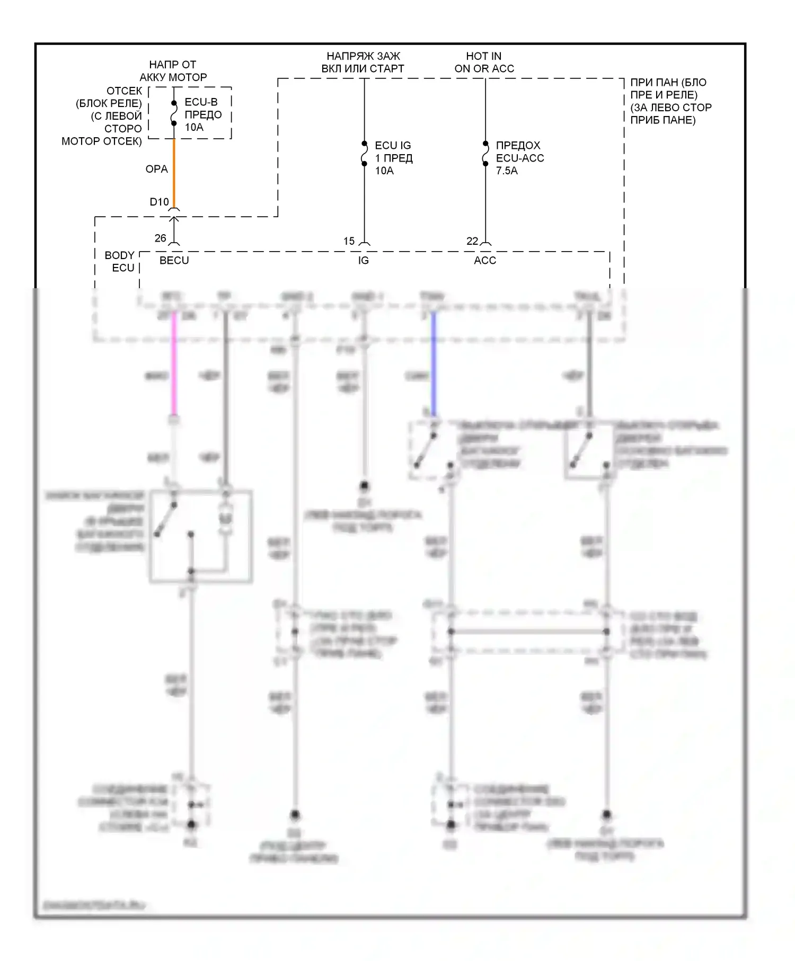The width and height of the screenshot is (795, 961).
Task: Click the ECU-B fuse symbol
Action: (174, 113)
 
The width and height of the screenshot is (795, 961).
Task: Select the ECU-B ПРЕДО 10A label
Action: (202, 114)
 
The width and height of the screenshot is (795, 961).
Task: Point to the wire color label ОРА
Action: (156, 169)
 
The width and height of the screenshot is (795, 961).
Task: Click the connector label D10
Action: (159, 202)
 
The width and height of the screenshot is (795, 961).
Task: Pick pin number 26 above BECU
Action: (160, 238)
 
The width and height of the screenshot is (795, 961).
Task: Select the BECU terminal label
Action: (174, 260)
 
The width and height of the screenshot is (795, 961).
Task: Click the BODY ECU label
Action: (120, 262)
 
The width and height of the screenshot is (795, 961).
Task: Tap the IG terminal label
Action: (363, 260)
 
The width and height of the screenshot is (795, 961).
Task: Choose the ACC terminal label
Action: (485, 260)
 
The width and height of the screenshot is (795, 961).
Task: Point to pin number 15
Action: (349, 241)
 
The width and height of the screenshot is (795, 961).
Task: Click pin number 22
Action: (472, 241)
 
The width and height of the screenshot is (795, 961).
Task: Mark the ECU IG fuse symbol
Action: (364, 154)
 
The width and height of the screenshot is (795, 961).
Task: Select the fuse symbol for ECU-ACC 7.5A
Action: (485, 154)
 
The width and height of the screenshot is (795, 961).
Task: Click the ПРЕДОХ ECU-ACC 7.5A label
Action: (519, 158)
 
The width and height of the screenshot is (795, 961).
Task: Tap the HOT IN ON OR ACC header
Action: (484, 63)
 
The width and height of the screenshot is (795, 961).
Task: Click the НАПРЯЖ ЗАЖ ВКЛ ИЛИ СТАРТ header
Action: (363, 63)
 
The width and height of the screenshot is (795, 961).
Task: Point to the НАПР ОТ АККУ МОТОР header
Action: (173, 71)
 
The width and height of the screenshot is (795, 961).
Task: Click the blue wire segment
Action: (434, 366)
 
